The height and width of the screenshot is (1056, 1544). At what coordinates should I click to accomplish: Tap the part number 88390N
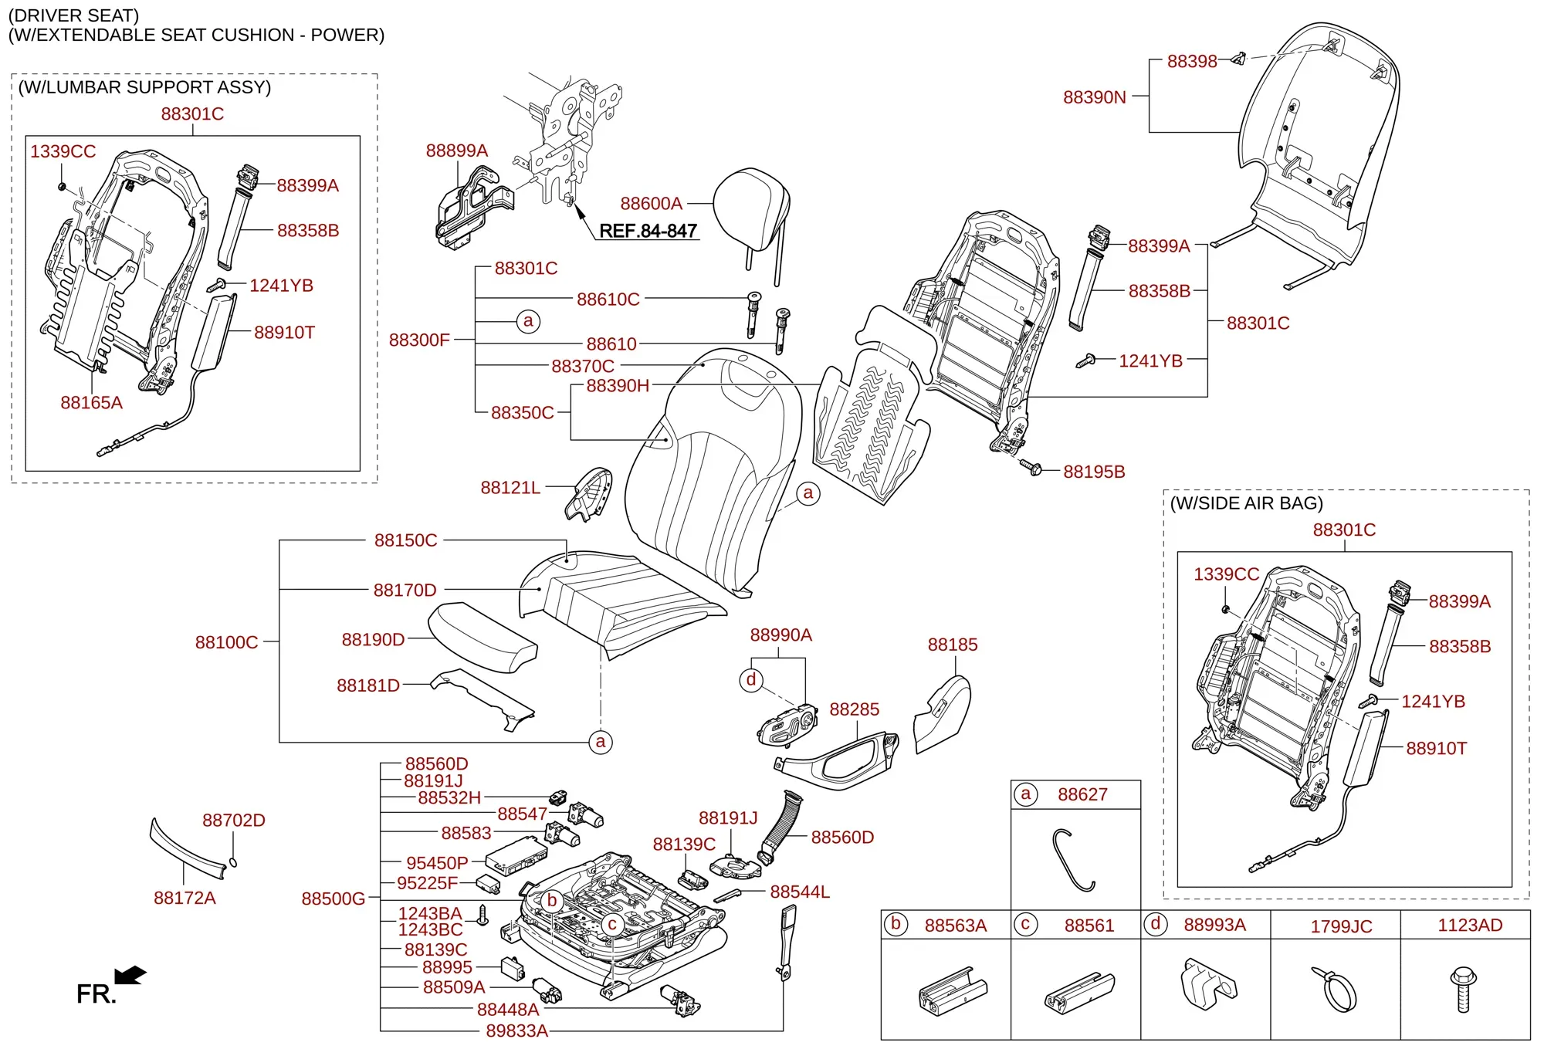pos(1094,97)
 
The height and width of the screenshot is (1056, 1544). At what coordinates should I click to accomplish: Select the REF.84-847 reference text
pos(648,231)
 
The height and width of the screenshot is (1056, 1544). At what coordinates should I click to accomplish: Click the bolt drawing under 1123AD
pos(1463,989)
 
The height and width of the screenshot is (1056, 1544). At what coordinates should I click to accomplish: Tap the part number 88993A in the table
pos(1214,925)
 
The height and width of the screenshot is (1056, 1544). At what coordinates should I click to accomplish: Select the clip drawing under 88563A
pos(953,991)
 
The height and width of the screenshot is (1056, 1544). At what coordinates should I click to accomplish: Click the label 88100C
pos(226,642)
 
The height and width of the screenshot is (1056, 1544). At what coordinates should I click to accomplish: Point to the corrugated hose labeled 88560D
pos(780,827)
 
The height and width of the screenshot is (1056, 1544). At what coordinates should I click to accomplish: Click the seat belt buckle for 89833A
pos(787,943)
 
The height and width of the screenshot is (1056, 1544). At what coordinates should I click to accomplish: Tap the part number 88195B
pos(1094,472)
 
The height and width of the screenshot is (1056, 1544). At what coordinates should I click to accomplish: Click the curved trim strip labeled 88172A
pos(187,850)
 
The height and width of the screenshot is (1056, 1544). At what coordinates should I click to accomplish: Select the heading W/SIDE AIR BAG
pos(1247,503)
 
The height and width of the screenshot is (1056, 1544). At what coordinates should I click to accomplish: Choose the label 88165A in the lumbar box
pos(91,402)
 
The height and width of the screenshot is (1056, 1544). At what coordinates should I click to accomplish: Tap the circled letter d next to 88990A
pos(751,680)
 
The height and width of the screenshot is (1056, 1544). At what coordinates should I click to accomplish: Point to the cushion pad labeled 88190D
pos(482,637)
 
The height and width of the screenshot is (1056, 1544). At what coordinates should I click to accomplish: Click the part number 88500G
pos(333,899)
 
